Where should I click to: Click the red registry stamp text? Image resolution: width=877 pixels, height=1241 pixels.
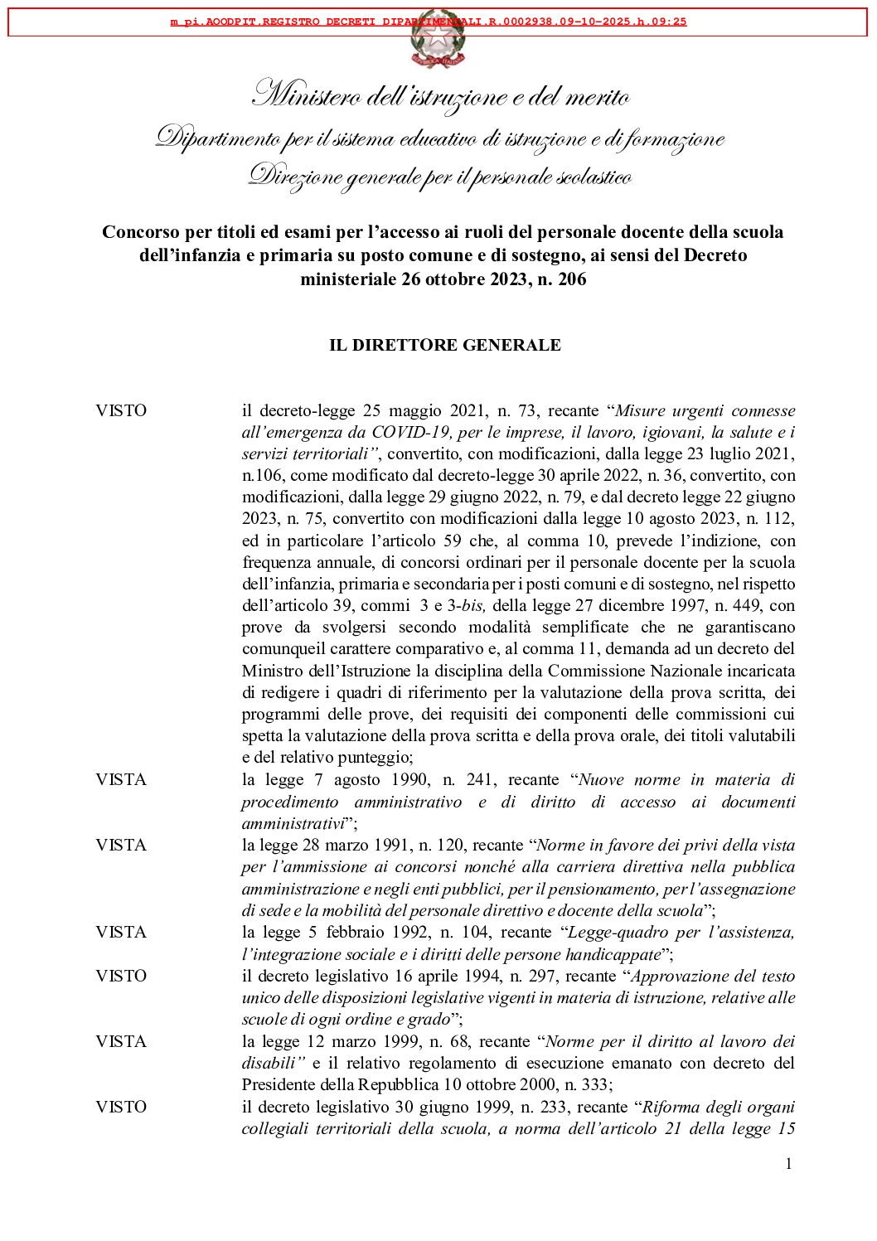point(429,22)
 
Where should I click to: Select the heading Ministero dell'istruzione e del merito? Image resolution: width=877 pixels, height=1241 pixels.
point(441,98)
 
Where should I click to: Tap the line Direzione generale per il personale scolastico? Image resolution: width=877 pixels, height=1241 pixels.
point(441,177)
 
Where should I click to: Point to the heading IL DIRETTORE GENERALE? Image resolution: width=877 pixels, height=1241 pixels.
point(444,345)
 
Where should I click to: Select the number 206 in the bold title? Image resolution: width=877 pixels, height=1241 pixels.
point(572,279)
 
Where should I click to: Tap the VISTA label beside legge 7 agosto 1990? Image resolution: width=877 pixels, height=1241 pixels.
point(121,779)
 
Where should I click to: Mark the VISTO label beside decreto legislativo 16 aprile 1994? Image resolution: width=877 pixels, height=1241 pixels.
point(121,976)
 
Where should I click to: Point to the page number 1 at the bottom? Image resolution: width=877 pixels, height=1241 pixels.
point(788,1164)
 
